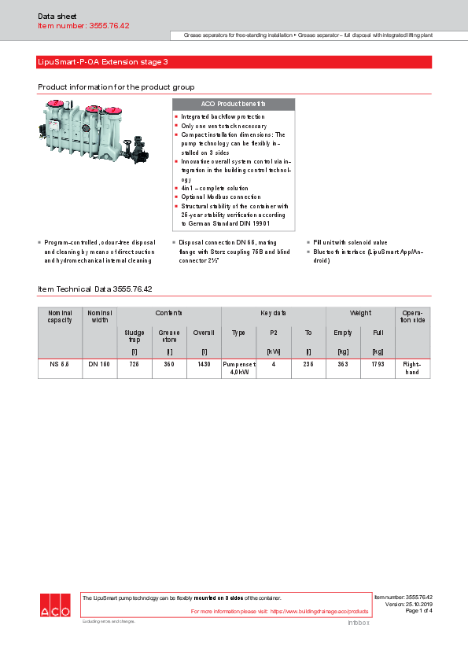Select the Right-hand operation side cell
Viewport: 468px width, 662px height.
tap(412, 369)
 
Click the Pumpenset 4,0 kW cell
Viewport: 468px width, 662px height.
tap(239, 369)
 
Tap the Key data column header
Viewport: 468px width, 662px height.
tap(273, 313)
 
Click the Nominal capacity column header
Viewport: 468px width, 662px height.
tap(60, 316)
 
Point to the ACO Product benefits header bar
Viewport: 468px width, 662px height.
tap(233, 104)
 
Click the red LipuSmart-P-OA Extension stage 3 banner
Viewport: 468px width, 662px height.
tap(234, 62)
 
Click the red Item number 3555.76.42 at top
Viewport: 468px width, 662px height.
tap(83, 26)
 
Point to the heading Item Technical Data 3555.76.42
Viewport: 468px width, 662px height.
tap(95, 289)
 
